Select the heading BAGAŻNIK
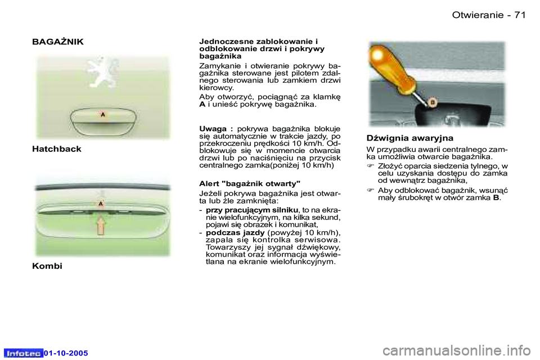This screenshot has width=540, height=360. click(58, 42)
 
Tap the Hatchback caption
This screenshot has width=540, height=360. click(57, 148)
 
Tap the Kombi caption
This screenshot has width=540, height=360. click(48, 265)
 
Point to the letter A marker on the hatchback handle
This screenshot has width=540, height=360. click(102, 114)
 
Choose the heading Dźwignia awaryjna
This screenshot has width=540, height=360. click(409, 137)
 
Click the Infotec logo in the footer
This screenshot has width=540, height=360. click(22, 353)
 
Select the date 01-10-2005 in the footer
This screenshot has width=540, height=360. click(66, 353)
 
